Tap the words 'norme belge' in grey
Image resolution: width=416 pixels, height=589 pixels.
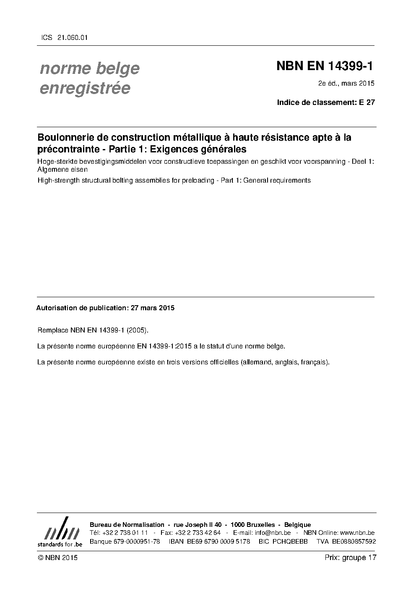click(89, 68)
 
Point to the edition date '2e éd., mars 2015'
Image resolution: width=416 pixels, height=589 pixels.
click(346, 84)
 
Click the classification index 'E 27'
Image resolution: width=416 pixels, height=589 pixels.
click(367, 102)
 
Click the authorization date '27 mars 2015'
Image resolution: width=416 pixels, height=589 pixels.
click(153, 308)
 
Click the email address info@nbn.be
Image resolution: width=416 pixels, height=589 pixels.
click(273, 533)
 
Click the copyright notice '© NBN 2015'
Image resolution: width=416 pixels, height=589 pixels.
click(57, 558)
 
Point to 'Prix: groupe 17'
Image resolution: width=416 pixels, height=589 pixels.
click(351, 558)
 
